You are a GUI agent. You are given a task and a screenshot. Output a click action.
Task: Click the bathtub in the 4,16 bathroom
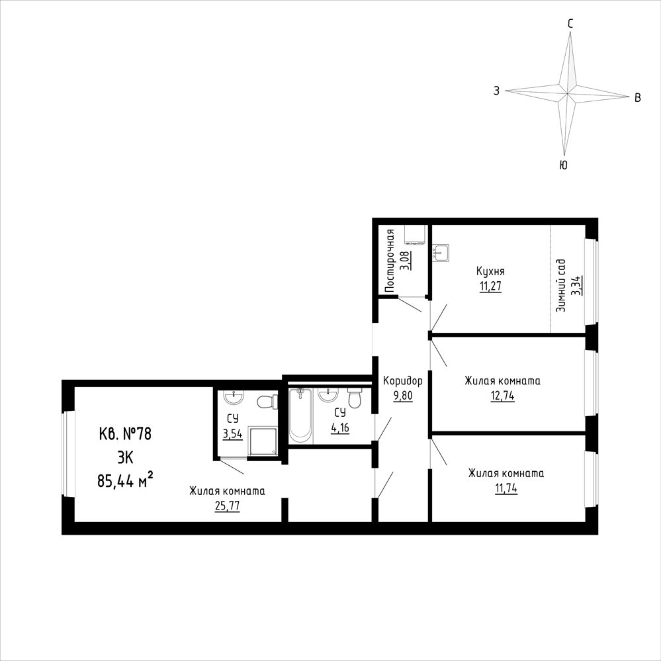pyautogui.click(x=300, y=416)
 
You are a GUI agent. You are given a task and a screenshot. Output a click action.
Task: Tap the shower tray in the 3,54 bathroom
pyautogui.click(x=263, y=441)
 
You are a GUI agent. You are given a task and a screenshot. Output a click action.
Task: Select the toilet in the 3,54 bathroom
pyautogui.click(x=267, y=402)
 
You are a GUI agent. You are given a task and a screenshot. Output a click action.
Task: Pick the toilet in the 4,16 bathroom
pyautogui.click(x=355, y=398)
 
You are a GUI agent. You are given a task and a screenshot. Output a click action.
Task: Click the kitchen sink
pyautogui.click(x=441, y=253)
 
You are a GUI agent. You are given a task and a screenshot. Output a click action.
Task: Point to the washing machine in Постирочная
pyautogui.click(x=415, y=235)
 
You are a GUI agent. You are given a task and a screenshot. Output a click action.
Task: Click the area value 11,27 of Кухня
pyautogui.click(x=490, y=286)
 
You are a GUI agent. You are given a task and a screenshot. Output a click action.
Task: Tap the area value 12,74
pyautogui.click(x=502, y=396)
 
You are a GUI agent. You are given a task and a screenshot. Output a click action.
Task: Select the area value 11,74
pyautogui.click(x=506, y=488)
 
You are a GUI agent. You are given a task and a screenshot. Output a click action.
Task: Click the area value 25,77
pyautogui.click(x=227, y=506)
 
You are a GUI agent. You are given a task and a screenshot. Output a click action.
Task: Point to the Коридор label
pyautogui.click(x=402, y=381)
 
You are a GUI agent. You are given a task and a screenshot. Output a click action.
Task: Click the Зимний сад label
pyautogui.click(x=561, y=286)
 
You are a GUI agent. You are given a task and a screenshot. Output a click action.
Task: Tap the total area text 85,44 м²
pyautogui.click(x=125, y=480)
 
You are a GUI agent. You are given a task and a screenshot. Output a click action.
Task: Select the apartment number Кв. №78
pyautogui.click(x=125, y=434)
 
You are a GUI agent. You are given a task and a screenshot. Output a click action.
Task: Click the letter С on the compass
pyautogui.click(x=570, y=24)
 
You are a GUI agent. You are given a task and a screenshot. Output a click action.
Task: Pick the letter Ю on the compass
pyautogui.click(x=563, y=165)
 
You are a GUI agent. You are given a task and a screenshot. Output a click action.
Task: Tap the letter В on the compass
pyautogui.click(x=638, y=98)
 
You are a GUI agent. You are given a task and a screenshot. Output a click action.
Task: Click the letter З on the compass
pyautogui.click(x=497, y=91)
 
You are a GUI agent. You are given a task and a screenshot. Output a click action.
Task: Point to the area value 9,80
pyautogui.click(x=403, y=396)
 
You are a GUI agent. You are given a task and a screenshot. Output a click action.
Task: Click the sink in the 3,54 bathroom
pyautogui.click(x=233, y=396)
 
